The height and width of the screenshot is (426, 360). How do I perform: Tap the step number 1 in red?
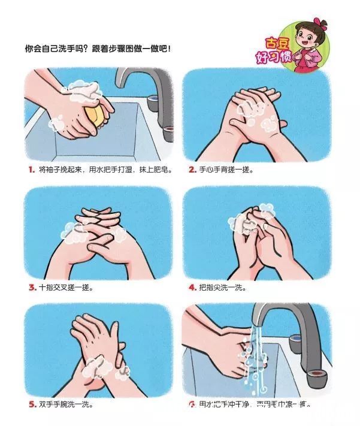point(30,170)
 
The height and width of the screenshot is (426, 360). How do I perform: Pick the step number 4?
point(192,287)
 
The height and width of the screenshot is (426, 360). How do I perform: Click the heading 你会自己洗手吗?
point(60,46)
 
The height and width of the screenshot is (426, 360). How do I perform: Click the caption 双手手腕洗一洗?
point(66,404)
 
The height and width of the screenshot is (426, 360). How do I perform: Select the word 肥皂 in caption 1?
point(163,170)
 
